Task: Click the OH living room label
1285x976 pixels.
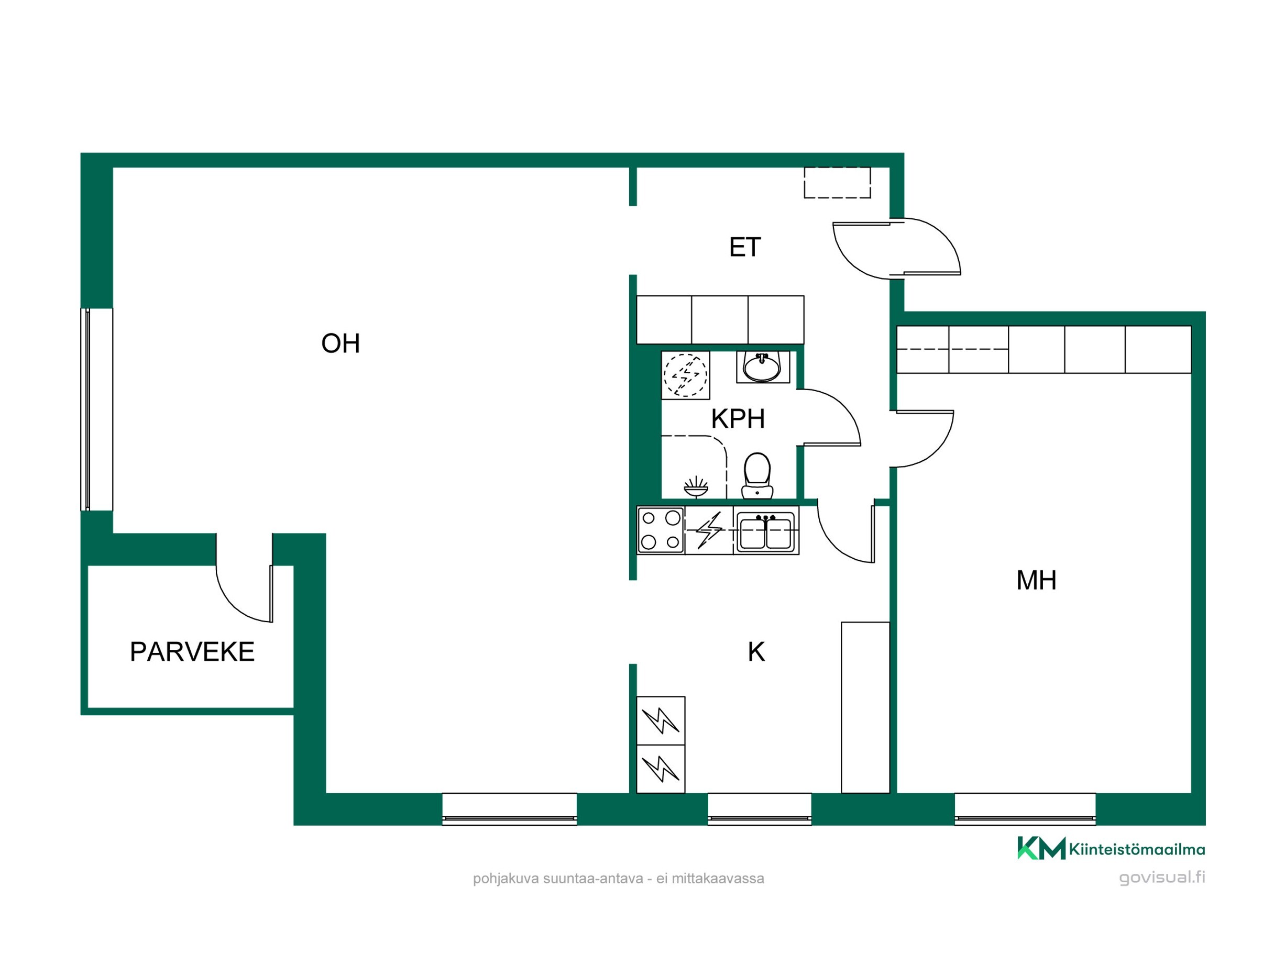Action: (x=341, y=343)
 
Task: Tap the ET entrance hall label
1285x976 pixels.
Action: (x=744, y=248)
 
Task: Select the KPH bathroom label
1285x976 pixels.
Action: (x=738, y=419)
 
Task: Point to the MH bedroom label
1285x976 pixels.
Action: (x=1036, y=580)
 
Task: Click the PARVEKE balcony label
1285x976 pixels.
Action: (x=192, y=652)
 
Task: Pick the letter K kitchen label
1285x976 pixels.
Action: (x=756, y=652)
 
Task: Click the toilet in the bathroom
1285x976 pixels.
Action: (x=757, y=476)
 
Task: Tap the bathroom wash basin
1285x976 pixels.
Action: (x=763, y=367)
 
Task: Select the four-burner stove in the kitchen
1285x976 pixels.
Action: (x=661, y=530)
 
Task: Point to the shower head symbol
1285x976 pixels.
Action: (x=696, y=487)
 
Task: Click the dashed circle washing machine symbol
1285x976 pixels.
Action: (x=686, y=375)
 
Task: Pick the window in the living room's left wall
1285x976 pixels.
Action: (x=96, y=409)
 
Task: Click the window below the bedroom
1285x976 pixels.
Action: (x=1025, y=808)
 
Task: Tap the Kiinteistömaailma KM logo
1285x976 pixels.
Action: (x=1110, y=848)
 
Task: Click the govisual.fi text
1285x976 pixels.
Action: (x=1162, y=877)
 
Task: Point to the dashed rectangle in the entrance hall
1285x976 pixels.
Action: (x=837, y=182)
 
